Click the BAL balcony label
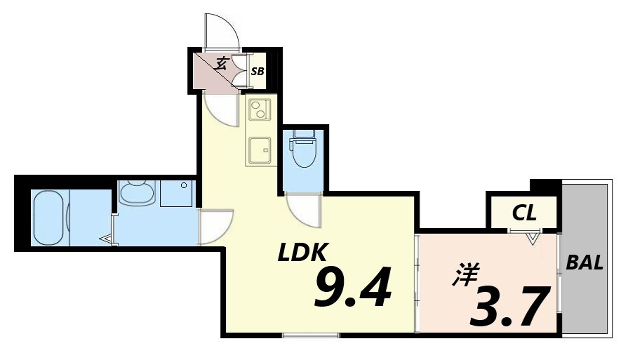[x=584, y=263]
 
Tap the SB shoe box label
[x=257, y=71]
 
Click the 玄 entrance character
[x=221, y=64]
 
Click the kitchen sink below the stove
[x=259, y=151]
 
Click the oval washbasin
[x=135, y=193]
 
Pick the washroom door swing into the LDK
[x=216, y=225]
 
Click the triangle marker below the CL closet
[x=533, y=239]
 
